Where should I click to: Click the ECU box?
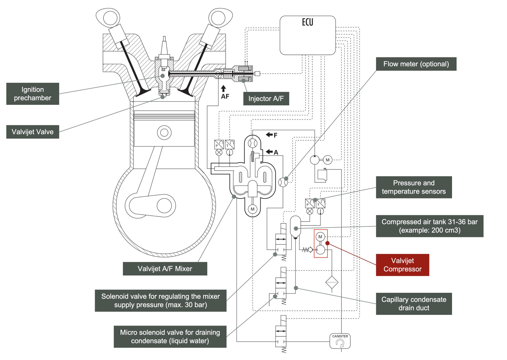(307, 35)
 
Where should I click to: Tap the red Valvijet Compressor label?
(402, 265)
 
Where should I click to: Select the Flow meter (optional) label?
(416, 64)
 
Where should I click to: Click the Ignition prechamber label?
(33, 94)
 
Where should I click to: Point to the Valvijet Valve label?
(33, 132)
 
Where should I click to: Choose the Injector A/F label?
(266, 99)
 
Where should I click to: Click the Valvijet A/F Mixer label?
(165, 269)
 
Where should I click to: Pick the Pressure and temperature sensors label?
(414, 187)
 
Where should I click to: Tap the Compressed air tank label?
(429, 226)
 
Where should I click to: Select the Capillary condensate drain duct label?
(414, 304)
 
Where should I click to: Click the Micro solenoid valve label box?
(170, 337)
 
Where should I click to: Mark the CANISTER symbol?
(340, 341)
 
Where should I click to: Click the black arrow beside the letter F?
(269, 135)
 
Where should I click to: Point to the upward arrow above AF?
(223, 89)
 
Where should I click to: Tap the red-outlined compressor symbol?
(320, 243)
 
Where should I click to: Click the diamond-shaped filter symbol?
(332, 282)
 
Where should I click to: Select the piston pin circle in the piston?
(164, 133)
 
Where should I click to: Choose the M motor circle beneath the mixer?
(252, 209)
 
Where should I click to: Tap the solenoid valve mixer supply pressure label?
(161, 301)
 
